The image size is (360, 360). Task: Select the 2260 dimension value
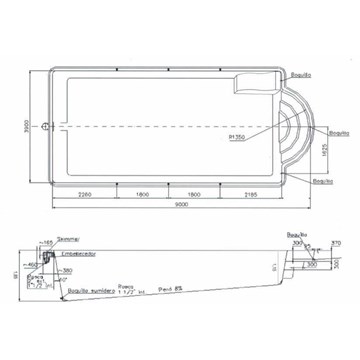pos(87,194)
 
